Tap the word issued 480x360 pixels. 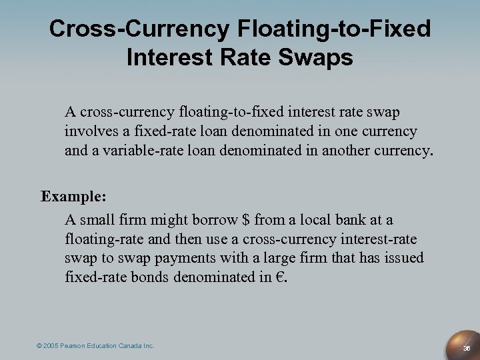point(404,257)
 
